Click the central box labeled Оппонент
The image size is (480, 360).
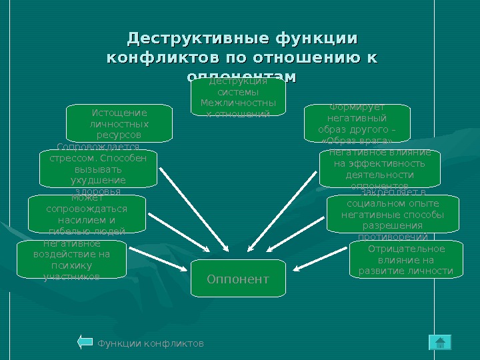(238, 279)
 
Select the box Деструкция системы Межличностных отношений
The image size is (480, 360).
(238, 98)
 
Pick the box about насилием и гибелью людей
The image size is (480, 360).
(87, 214)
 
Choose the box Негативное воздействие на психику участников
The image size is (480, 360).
(71, 260)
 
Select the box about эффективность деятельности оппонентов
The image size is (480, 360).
(379, 169)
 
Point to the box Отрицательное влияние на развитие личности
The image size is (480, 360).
(405, 259)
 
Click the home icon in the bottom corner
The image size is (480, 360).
(439, 343)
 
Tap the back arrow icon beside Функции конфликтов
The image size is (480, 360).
(85, 343)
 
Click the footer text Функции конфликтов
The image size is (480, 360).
(151, 343)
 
